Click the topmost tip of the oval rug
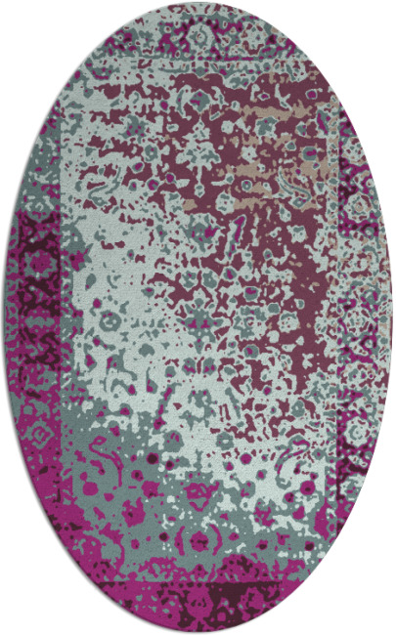tap(198, 4)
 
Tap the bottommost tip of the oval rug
tap(198, 631)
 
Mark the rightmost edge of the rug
tap(391, 317)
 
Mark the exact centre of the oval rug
tap(198, 317)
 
